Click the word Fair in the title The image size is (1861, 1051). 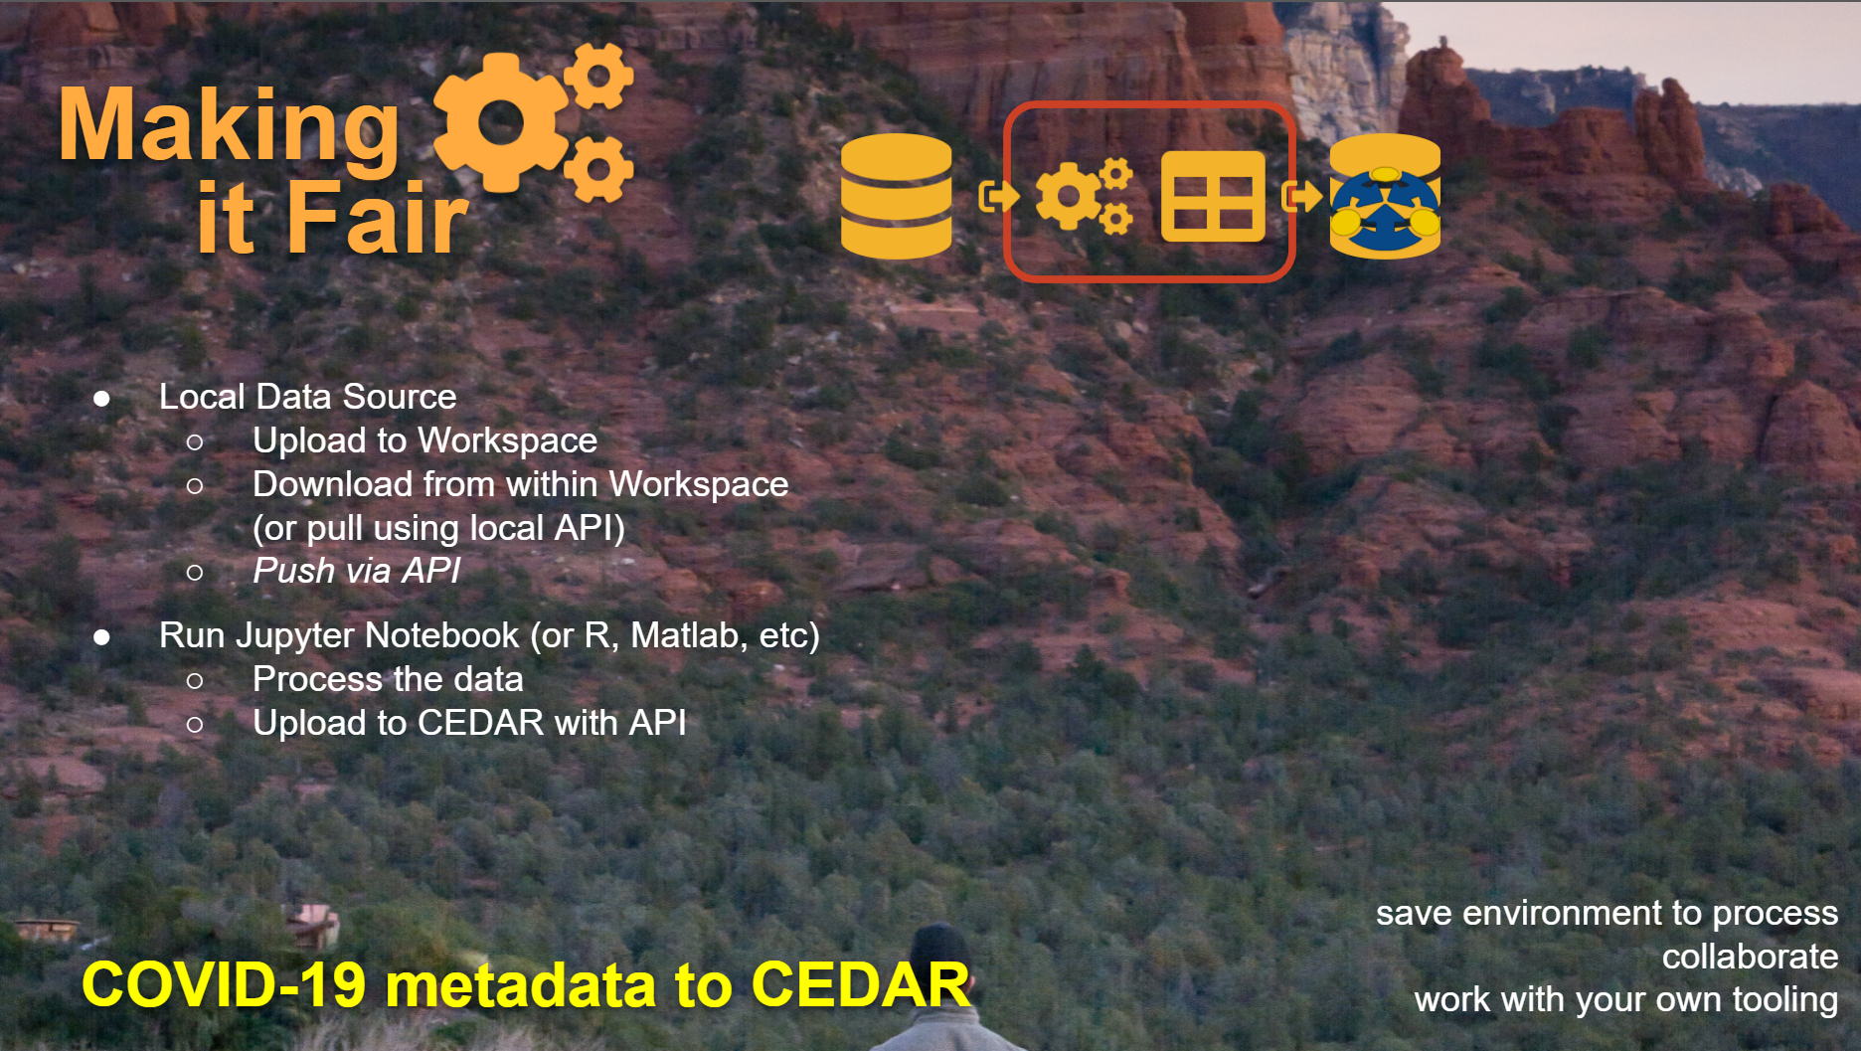[x=378, y=217]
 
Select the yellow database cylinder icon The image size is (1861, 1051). [x=896, y=196]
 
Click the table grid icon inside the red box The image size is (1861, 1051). [x=1213, y=197]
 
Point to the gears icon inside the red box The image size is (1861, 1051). [x=1084, y=196]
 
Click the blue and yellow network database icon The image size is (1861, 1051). [x=1385, y=196]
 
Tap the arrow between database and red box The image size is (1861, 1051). [x=998, y=196]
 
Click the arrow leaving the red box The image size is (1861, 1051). [x=1301, y=196]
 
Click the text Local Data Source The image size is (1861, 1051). [x=307, y=397]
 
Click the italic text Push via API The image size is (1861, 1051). [x=357, y=571]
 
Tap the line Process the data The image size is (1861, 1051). [x=388, y=679]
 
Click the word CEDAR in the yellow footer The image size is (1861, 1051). [x=860, y=984]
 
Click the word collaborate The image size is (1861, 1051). [x=1750, y=957]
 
